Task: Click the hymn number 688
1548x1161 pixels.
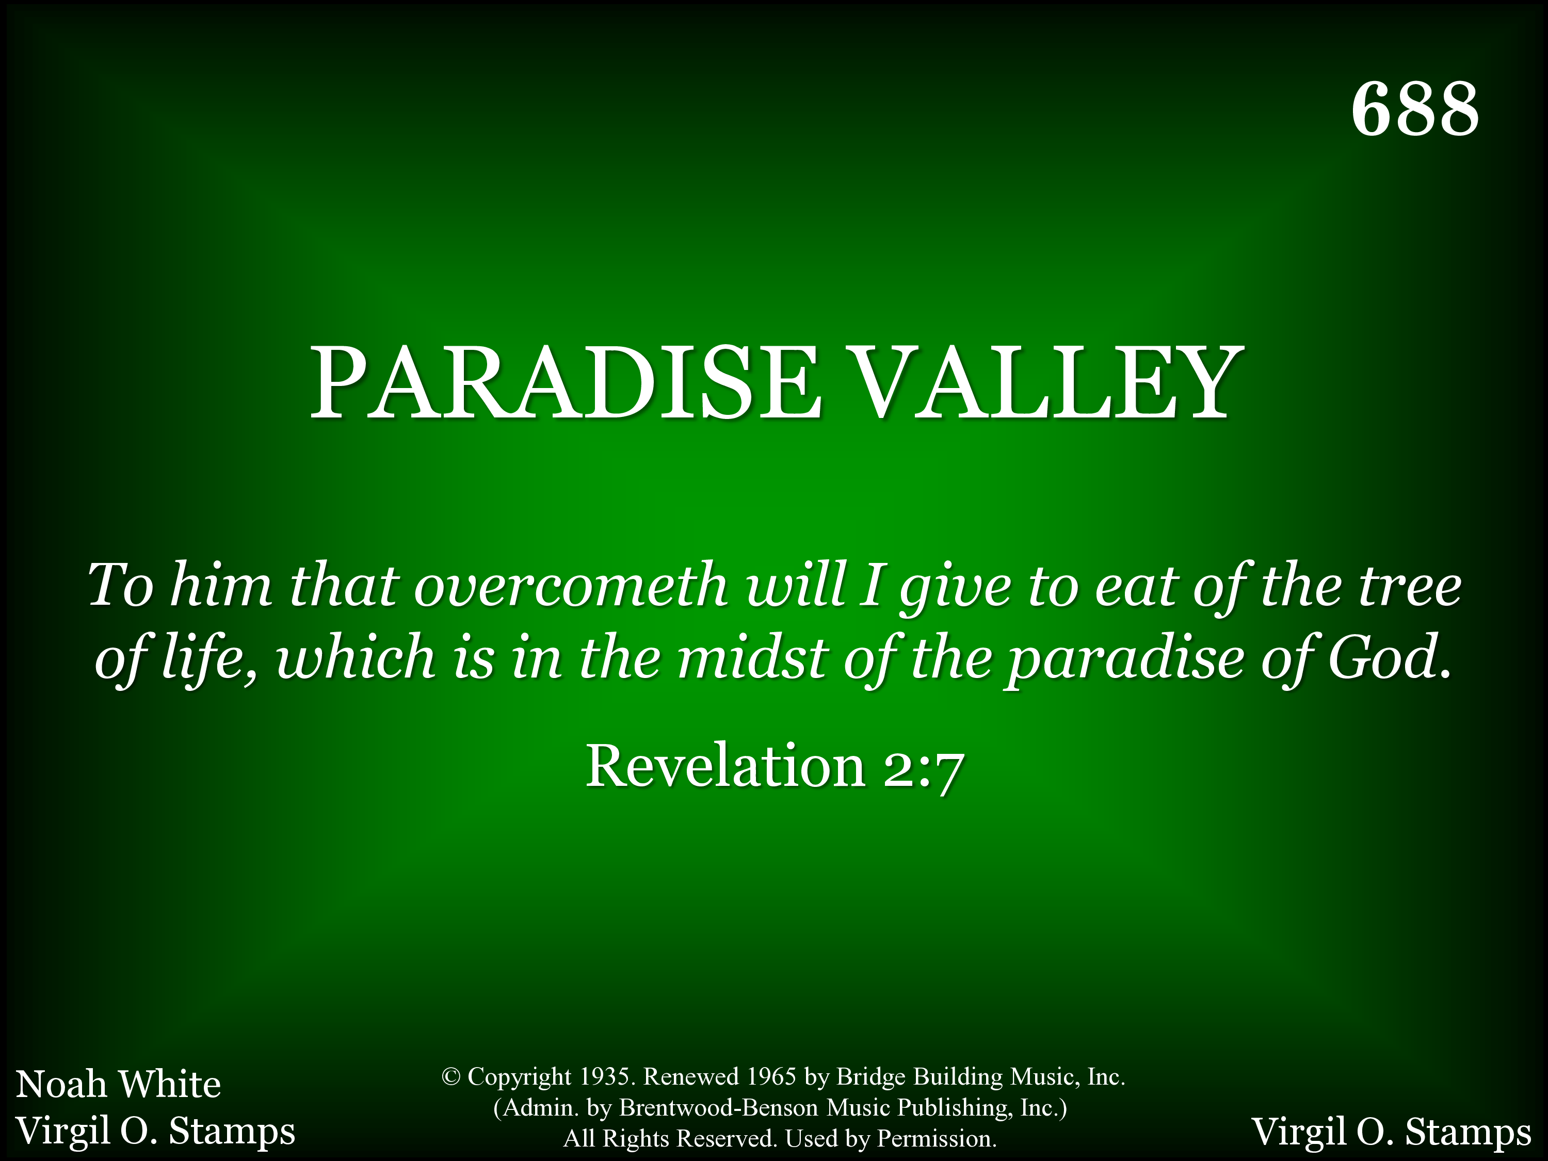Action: [x=1414, y=108]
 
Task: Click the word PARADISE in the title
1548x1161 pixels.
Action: [x=566, y=383]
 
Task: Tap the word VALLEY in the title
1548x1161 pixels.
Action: [x=1047, y=383]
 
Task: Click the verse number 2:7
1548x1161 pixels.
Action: [x=924, y=768]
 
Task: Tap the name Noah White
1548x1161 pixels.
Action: [x=118, y=1084]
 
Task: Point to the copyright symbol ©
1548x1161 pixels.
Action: [x=450, y=1077]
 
